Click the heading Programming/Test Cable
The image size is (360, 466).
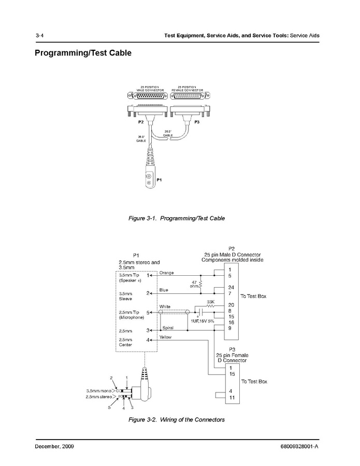(x=83, y=53)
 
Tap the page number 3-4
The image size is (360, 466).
(x=39, y=35)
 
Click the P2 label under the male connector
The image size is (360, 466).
(x=141, y=122)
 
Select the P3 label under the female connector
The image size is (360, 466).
(x=197, y=122)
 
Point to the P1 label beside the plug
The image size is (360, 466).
(x=160, y=179)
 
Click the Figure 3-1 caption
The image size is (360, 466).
(x=177, y=219)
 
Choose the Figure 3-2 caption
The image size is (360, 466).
(x=177, y=419)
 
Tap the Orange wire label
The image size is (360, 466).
(x=167, y=273)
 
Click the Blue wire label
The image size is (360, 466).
(x=164, y=290)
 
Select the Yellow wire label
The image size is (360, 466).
(x=166, y=337)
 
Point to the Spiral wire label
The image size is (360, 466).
(x=167, y=328)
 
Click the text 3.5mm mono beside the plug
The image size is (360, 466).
(x=99, y=390)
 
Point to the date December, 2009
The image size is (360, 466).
(x=54, y=447)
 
